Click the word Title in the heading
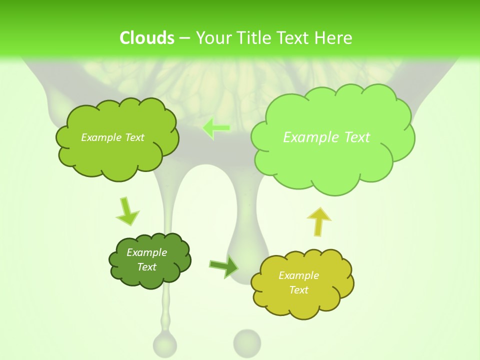[x=255, y=38]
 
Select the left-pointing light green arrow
[x=216, y=128]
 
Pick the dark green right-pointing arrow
[x=224, y=266]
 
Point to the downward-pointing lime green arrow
[x=127, y=212]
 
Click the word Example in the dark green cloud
[x=146, y=252]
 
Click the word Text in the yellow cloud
[x=298, y=290]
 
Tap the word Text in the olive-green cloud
[x=133, y=137]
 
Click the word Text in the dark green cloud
[x=146, y=267]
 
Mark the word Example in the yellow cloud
[x=298, y=275]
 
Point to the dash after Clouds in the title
[x=184, y=38]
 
